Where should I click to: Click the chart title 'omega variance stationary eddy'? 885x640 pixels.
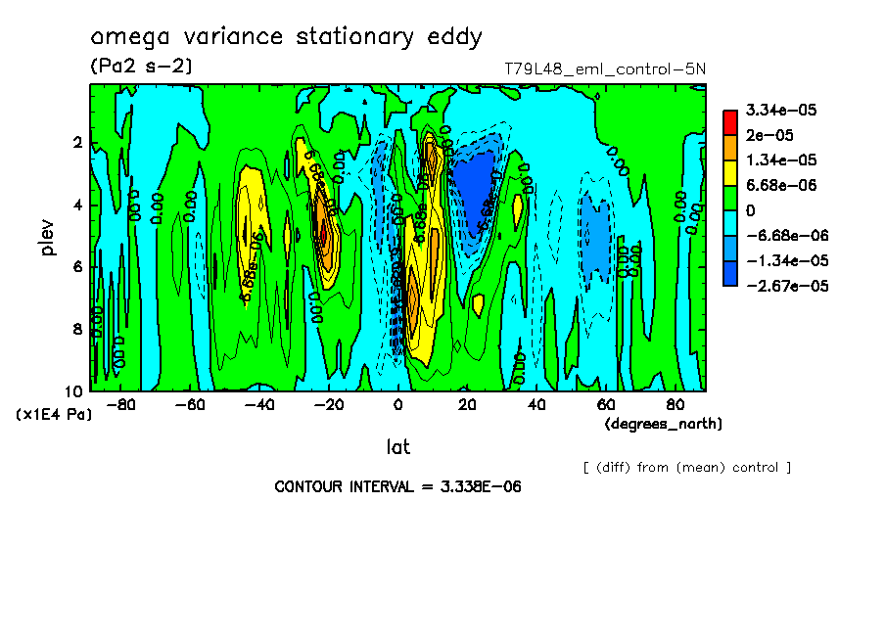[286, 37]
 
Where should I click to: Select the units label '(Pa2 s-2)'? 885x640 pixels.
[141, 67]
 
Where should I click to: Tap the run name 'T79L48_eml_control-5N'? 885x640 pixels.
[604, 69]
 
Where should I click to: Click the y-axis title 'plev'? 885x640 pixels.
[48, 237]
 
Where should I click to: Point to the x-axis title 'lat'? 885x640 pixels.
[397, 447]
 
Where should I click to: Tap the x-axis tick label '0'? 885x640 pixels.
[398, 403]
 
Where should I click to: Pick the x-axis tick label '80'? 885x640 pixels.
[675, 403]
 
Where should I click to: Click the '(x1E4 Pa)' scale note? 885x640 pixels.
[55, 415]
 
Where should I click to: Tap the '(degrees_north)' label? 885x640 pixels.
[664, 424]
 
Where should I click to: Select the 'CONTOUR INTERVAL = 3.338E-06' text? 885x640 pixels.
[397, 486]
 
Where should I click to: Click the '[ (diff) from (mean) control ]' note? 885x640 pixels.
[686, 468]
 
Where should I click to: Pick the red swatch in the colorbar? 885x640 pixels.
[729, 121]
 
